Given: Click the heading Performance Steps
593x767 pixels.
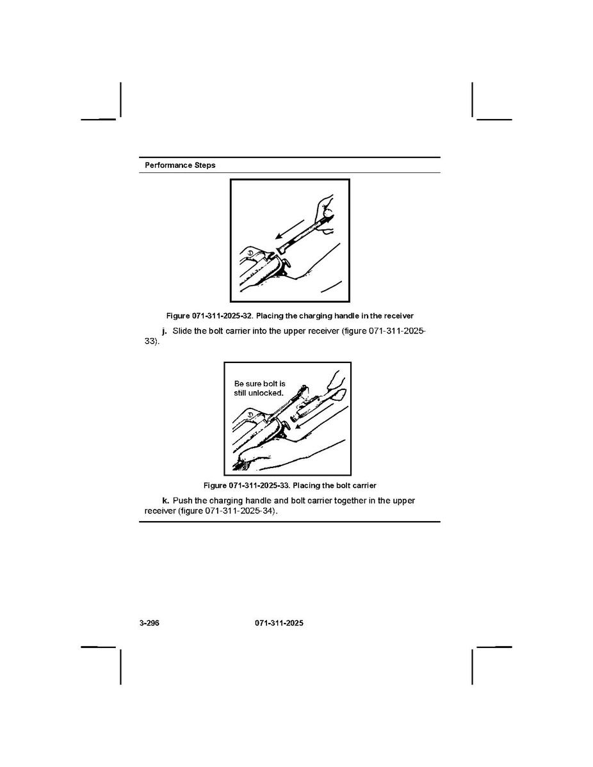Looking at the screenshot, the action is click(x=180, y=165).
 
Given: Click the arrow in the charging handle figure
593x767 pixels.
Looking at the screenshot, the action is click(x=289, y=229).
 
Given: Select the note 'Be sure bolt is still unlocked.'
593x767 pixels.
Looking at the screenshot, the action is click(x=259, y=389).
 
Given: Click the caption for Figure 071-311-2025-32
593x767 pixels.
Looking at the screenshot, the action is click(x=289, y=316).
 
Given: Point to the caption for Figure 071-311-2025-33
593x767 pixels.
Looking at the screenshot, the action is click(x=289, y=486).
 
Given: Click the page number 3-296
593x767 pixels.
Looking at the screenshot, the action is click(x=149, y=623).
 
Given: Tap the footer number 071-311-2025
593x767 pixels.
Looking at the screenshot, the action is click(x=279, y=623).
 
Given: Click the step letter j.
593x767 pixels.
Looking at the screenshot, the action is click(x=165, y=331).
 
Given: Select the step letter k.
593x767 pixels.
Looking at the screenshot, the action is click(x=165, y=501).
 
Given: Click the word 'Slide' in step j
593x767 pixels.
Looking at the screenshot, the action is click(x=182, y=331).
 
